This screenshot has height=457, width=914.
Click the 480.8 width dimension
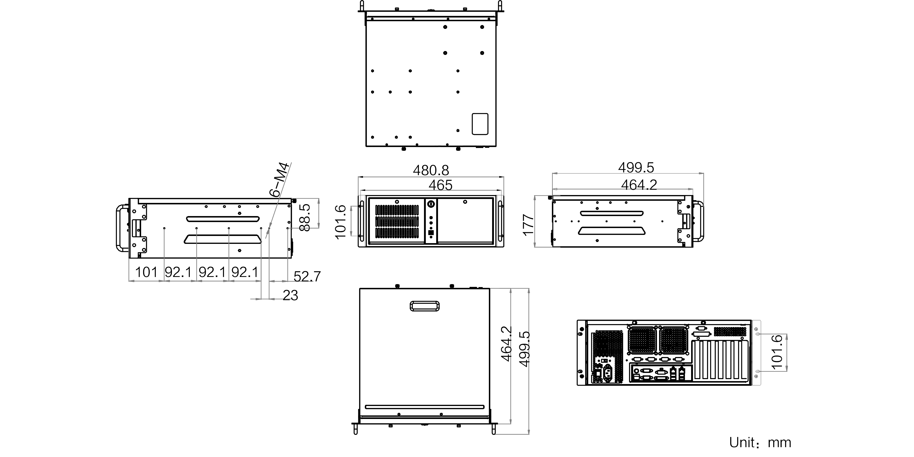coord(431,170)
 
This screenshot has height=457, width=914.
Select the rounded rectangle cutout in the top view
coord(480,124)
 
